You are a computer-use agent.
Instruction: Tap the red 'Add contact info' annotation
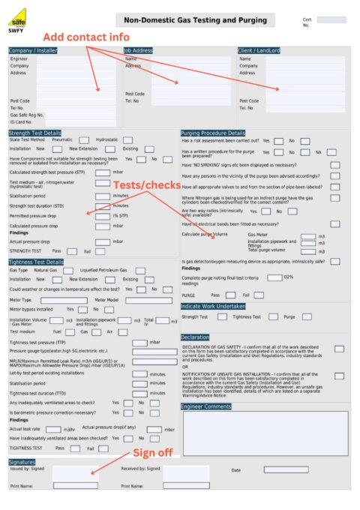pyautogui.click(x=85, y=37)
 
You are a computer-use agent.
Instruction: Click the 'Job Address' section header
pyautogui.click(x=139, y=51)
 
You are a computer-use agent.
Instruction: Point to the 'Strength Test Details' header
pyautogui.click(x=35, y=133)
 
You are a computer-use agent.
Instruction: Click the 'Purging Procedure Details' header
pyautogui.click(x=213, y=133)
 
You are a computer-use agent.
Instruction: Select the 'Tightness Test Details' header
pyautogui.click(x=36, y=262)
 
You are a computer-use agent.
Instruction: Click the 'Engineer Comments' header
pyautogui.click(x=206, y=406)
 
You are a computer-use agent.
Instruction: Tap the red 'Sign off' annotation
pyautogui.click(x=153, y=453)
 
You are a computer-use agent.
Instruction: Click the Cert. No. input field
pyautogui.click(x=331, y=20)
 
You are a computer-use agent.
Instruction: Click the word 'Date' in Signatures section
pyautogui.click(x=235, y=470)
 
